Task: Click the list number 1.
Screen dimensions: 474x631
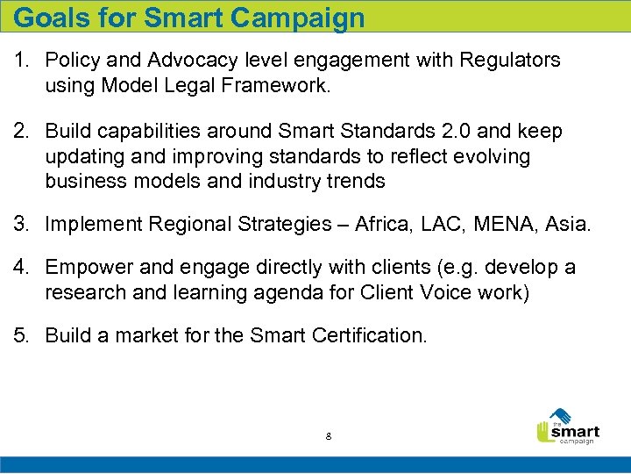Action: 19,60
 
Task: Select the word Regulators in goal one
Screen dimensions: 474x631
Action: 508,60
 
